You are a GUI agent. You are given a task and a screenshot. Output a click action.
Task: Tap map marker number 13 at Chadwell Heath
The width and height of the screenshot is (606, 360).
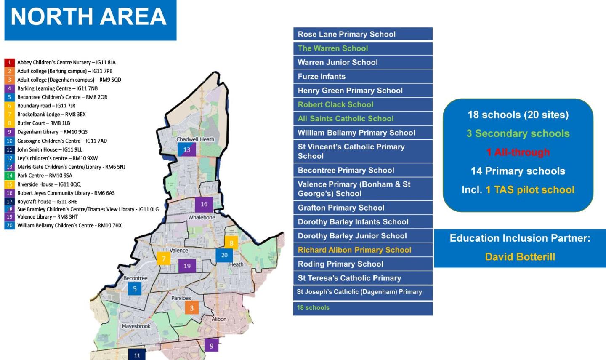(186, 149)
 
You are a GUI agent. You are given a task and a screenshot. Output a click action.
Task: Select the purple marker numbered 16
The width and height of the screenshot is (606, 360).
(204, 204)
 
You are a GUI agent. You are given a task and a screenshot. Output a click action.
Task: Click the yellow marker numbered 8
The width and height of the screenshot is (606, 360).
(231, 243)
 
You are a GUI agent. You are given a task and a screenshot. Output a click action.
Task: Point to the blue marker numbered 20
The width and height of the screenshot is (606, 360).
(224, 255)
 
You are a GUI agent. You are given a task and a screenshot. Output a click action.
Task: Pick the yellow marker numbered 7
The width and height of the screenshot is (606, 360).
(164, 259)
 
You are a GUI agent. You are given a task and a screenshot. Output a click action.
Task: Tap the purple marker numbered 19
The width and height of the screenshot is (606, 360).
(187, 266)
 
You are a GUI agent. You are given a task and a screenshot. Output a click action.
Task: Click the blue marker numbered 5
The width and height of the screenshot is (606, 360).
(135, 288)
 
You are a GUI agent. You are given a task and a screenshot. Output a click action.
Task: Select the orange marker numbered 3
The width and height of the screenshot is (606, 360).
(191, 308)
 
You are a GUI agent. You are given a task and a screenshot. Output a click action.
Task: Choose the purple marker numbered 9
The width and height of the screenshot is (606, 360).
(211, 346)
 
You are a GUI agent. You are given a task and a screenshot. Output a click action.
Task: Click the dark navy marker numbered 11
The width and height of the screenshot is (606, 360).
(137, 355)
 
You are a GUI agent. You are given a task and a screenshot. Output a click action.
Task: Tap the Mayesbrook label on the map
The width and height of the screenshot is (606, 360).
(136, 326)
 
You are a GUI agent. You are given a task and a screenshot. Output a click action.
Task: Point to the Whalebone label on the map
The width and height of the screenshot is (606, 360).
(202, 217)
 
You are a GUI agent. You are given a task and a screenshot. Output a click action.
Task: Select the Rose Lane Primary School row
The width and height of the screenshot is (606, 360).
(363, 34)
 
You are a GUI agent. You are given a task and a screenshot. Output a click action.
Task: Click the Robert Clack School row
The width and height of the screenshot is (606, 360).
(363, 104)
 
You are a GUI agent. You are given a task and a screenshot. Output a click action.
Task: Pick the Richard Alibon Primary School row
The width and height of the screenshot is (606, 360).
(363, 250)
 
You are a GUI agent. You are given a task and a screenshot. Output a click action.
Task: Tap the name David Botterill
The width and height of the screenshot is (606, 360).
(520, 257)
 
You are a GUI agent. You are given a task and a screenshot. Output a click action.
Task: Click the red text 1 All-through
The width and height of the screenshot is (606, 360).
(518, 152)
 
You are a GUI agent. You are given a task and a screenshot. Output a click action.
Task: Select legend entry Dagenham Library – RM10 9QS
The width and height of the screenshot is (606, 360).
(52, 132)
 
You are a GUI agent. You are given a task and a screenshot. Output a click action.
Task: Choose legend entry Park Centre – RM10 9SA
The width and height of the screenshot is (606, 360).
(44, 176)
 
